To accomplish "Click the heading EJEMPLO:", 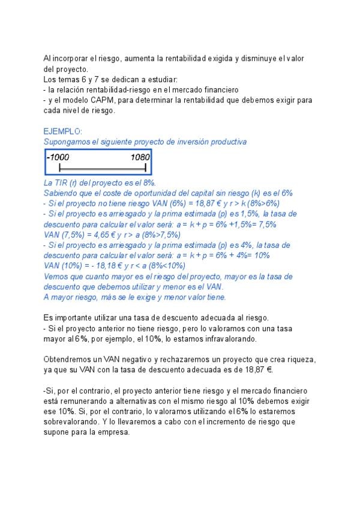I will coord(63,131).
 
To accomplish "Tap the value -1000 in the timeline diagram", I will coord(58,157).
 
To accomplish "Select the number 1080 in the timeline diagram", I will coord(140,157).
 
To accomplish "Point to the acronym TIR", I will coord(62,182).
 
